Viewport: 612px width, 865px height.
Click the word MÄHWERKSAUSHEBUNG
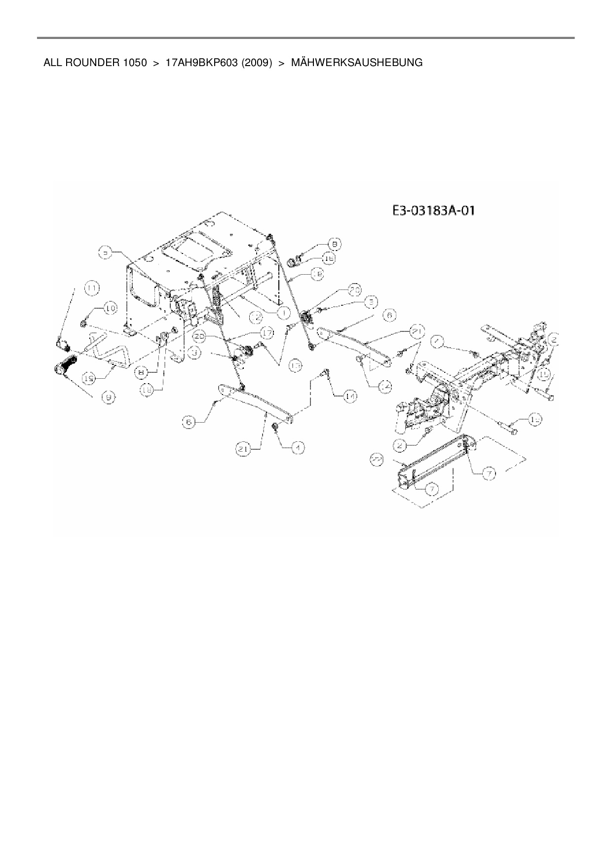pyautogui.click(x=356, y=63)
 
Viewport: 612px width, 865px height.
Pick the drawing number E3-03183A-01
pyautogui.click(x=433, y=211)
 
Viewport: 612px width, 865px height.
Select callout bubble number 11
pyautogui.click(x=92, y=287)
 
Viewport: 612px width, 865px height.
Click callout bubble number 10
pyautogui.click(x=110, y=309)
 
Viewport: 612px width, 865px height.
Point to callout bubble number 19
pyautogui.click(x=89, y=379)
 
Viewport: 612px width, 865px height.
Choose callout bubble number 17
pyautogui.click(x=267, y=334)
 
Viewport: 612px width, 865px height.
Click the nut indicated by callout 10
pyautogui.click(x=83, y=324)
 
